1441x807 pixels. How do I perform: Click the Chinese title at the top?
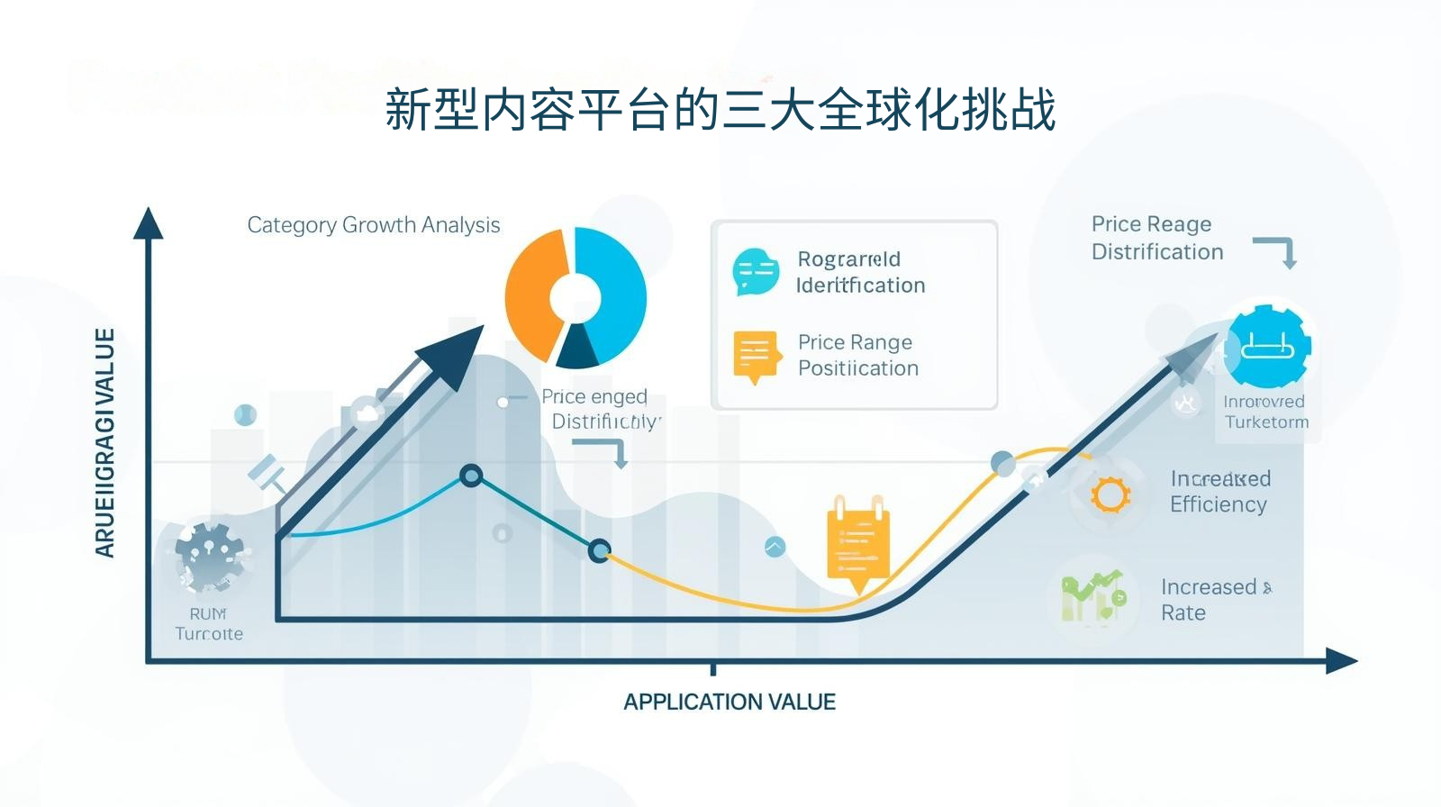pyautogui.click(x=720, y=110)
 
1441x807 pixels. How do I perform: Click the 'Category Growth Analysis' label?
pyautogui.click(x=373, y=225)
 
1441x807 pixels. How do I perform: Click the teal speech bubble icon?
pyautogui.click(x=756, y=271)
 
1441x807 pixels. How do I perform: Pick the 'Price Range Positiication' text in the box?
pyautogui.click(x=857, y=355)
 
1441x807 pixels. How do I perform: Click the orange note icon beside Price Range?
pyautogui.click(x=755, y=355)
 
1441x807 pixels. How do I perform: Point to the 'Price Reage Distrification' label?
pyautogui.click(x=1156, y=238)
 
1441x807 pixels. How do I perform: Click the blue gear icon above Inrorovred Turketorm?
pyautogui.click(x=1267, y=347)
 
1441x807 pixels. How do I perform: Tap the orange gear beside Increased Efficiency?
pyautogui.click(x=1110, y=494)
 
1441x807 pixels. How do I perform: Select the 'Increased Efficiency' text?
pyautogui.click(x=1219, y=492)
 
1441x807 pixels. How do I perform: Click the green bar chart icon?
pyautogui.click(x=1093, y=597)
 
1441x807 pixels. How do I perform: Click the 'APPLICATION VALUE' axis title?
pyautogui.click(x=730, y=703)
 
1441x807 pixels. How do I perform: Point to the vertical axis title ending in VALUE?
pyautogui.click(x=105, y=442)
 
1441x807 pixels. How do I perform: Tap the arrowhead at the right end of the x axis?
pyautogui.click(x=1342, y=662)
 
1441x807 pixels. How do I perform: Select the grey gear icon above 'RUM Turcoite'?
pyautogui.click(x=210, y=556)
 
